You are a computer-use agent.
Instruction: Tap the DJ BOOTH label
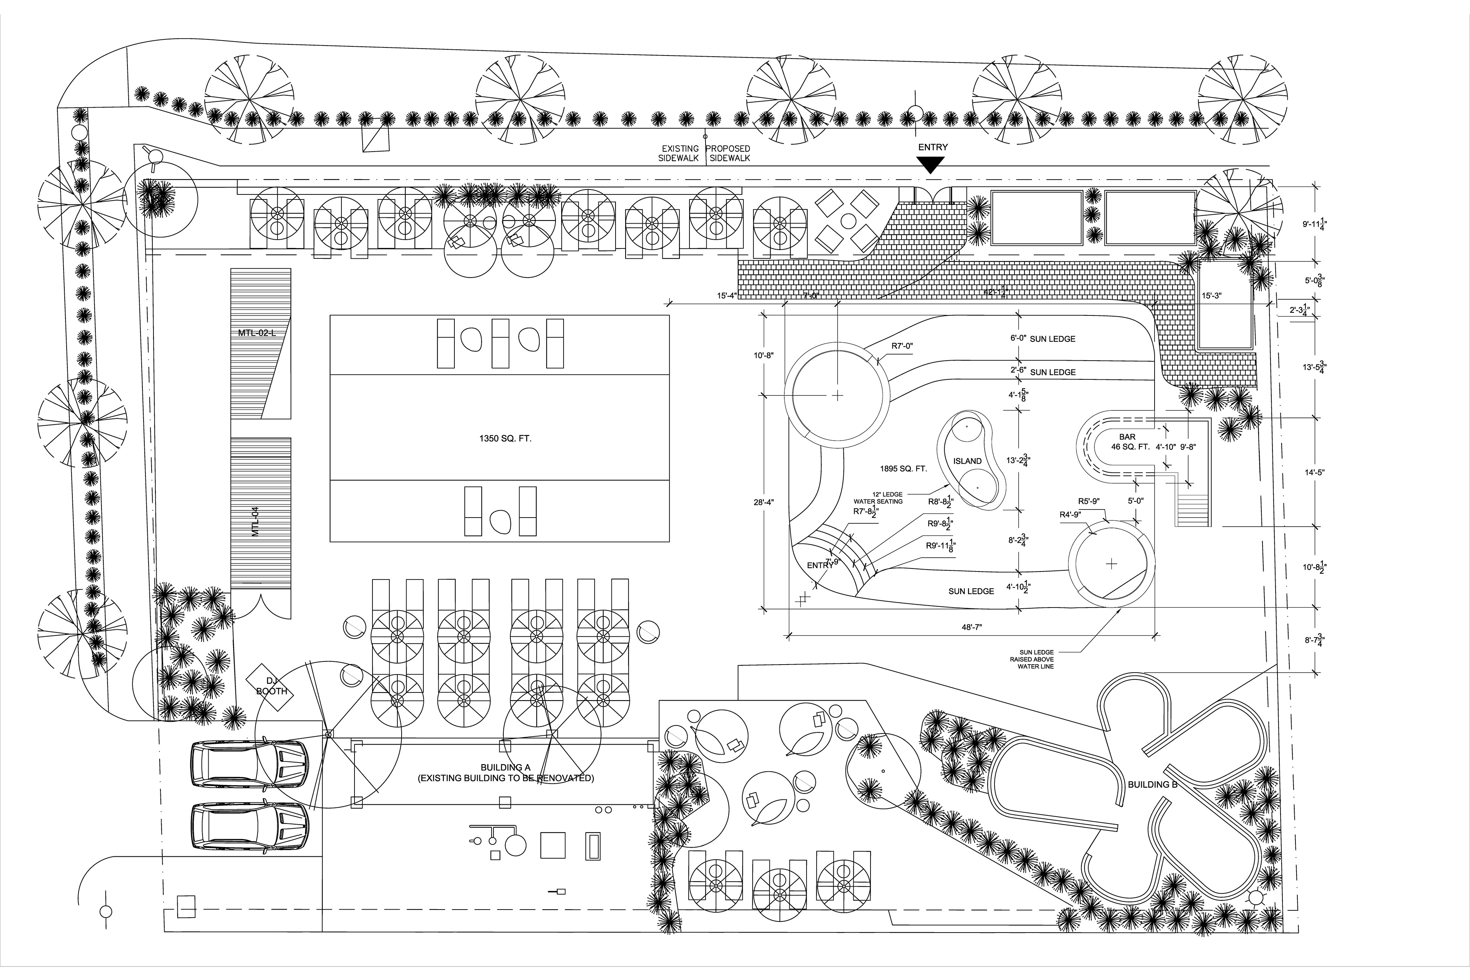coord(271,686)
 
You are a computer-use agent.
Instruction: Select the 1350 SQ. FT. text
coord(505,439)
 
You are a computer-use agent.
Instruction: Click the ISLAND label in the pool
coord(967,461)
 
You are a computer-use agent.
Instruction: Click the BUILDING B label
coord(1152,784)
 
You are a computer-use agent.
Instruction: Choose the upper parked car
coord(249,764)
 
